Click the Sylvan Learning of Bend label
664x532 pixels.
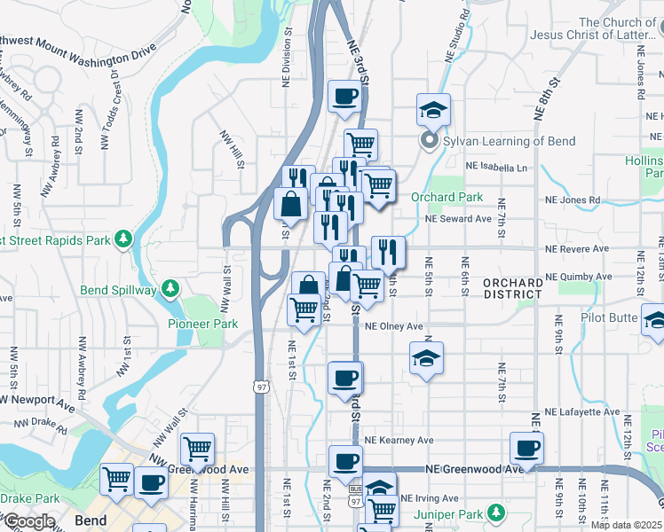(509, 141)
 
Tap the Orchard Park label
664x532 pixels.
(447, 197)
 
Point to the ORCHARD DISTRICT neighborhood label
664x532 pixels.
(513, 289)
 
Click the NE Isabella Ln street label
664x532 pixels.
(502, 167)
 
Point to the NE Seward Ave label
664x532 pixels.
(458, 218)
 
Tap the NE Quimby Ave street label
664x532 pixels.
(579, 277)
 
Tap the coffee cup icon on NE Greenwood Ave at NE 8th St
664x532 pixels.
(526, 449)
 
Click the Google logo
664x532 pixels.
(28, 521)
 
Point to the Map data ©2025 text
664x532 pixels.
(625, 525)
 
